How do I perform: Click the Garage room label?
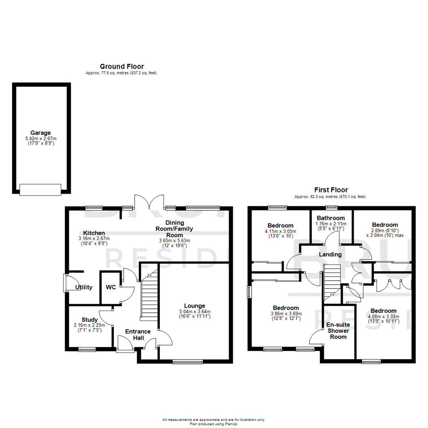(40, 133)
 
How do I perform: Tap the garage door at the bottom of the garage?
(40, 189)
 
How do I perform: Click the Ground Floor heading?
(122, 67)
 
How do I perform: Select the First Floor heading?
(331, 190)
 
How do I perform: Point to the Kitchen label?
(94, 233)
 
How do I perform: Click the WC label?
(111, 287)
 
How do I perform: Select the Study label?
(90, 319)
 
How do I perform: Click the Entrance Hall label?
(138, 334)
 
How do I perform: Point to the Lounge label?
(194, 306)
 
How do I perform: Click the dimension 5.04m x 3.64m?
(194, 311)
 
